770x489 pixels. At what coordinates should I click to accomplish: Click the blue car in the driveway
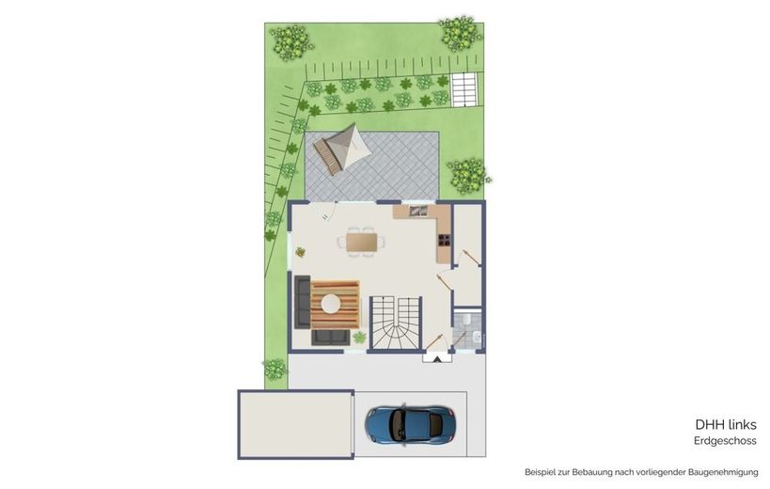point(410,424)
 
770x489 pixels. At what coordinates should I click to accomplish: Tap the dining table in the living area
point(362,242)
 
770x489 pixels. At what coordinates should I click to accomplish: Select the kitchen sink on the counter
point(417,211)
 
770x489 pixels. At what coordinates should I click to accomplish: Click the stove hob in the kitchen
point(444,240)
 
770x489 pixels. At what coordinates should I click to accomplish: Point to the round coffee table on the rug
point(331,303)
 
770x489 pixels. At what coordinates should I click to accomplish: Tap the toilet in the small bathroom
point(466,319)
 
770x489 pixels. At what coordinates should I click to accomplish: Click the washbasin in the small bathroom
point(477,337)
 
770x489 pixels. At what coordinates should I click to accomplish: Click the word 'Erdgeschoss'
point(725,440)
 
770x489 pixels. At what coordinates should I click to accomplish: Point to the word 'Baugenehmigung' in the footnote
point(723,472)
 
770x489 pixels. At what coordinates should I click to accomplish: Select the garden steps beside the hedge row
point(464,89)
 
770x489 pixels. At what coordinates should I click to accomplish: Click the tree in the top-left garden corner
point(291,42)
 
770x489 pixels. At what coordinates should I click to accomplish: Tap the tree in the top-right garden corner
point(460,33)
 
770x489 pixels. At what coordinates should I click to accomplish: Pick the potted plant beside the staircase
point(359,338)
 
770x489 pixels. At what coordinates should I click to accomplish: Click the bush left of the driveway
point(275,370)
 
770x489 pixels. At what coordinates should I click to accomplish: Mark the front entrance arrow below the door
point(437,358)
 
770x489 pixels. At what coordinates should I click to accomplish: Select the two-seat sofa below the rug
point(331,338)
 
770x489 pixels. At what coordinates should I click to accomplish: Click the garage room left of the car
point(295,425)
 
